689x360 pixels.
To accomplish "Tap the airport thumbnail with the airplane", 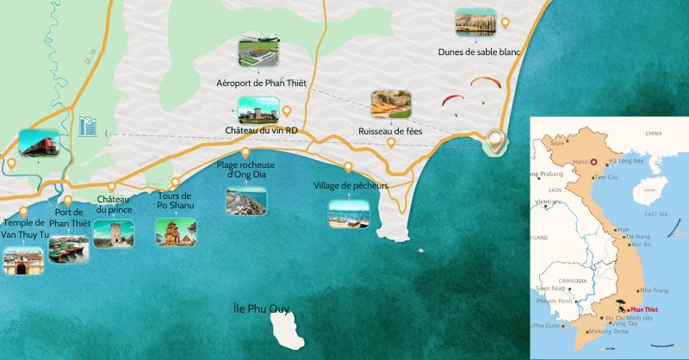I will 261,52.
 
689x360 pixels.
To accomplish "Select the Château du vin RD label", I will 261,130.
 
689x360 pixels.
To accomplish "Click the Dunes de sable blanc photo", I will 476,23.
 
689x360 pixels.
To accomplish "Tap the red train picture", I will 38,144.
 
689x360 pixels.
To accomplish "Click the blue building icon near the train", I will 87,127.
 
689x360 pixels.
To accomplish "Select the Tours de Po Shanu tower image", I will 175,231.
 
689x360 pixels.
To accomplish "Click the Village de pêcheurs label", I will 351,185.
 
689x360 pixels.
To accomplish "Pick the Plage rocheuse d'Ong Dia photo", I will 245,201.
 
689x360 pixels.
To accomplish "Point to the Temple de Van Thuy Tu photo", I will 22,259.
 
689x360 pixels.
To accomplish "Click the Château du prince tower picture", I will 114,233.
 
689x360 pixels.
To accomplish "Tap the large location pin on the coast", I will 494,140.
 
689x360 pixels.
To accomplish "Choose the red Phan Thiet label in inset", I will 644,308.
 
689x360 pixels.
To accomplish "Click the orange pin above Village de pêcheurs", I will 349,167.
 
